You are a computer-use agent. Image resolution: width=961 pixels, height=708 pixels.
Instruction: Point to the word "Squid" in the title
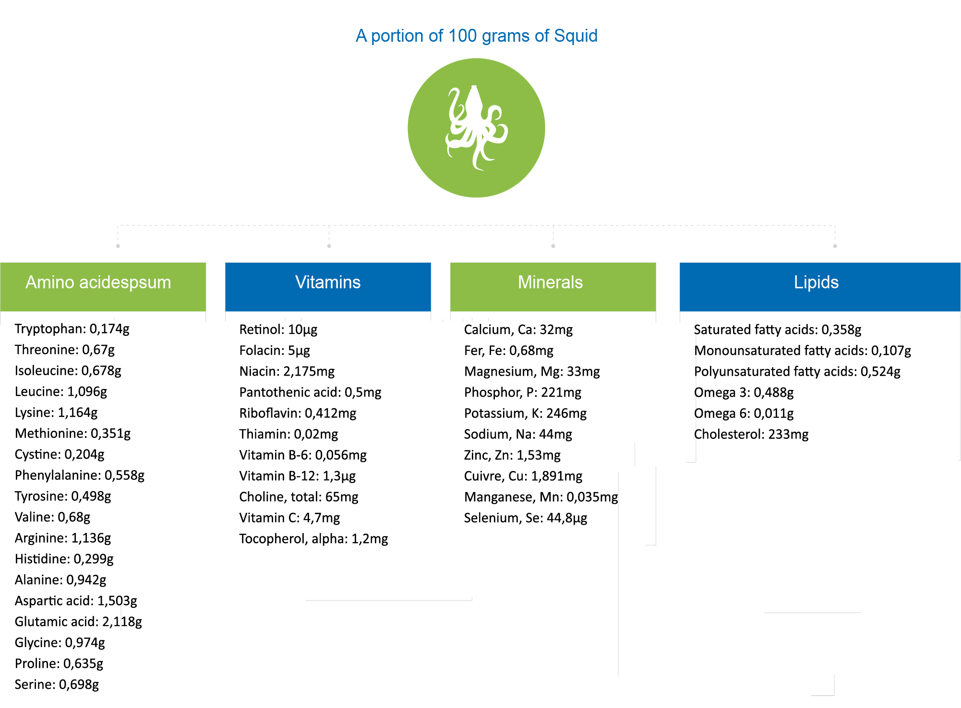click(576, 36)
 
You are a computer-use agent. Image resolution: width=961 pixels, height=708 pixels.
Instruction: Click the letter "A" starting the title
click(361, 36)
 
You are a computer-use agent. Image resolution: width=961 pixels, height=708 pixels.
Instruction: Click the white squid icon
click(476, 128)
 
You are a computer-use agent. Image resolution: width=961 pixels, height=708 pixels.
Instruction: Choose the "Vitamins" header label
click(328, 282)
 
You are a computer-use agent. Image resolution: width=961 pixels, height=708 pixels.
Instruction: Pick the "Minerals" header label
click(550, 282)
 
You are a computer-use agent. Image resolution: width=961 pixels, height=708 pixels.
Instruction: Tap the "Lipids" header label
click(816, 282)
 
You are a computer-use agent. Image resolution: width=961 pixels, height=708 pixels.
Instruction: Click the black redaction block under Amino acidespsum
click(77, 507)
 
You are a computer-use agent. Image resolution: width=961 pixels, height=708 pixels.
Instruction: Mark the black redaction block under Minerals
click(541, 425)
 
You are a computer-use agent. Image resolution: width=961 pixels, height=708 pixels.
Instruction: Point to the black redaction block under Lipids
click(802, 382)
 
